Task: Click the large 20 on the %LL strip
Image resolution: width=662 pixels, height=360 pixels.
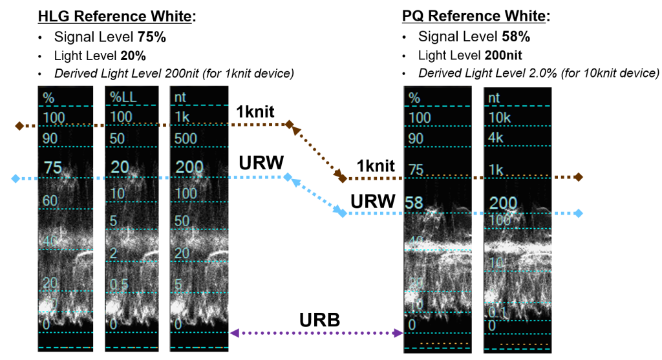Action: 120,168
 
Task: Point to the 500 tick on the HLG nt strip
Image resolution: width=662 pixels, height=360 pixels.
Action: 186,138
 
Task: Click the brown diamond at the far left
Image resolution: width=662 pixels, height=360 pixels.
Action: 19,126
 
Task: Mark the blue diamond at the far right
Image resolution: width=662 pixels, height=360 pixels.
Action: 578,213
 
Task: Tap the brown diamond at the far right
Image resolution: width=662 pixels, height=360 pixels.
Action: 578,177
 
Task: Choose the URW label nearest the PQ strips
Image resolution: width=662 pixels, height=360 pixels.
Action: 372,202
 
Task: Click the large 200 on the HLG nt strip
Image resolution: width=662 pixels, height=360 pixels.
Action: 189,168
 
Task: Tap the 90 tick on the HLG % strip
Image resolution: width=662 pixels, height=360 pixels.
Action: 52,138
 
